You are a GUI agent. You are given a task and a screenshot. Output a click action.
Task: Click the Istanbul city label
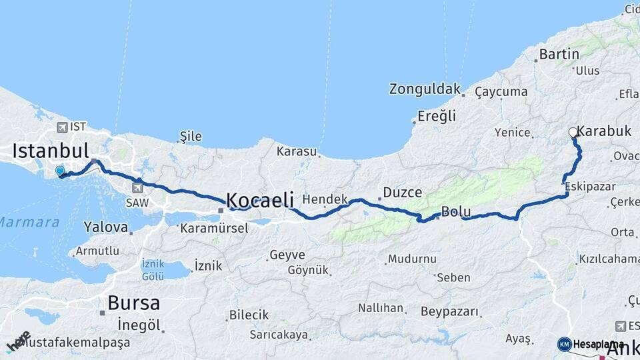tap(51, 149)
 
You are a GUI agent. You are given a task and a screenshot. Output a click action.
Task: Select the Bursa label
tap(133, 303)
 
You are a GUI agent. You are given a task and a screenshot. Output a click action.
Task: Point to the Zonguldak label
tap(425, 89)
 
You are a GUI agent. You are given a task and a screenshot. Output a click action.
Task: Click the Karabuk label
tap(604, 131)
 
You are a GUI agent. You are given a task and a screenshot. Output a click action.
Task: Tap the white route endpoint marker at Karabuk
tap(573, 133)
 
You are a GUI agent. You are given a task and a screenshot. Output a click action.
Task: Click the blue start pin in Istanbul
tap(60, 171)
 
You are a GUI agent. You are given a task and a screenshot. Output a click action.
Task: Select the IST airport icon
tap(62, 127)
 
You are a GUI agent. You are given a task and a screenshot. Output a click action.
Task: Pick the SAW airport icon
tap(138, 187)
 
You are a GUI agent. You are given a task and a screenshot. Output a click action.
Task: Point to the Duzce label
tap(402, 193)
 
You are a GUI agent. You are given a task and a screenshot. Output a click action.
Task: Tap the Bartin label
tap(559, 54)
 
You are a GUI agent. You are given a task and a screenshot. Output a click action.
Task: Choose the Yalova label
tap(106, 227)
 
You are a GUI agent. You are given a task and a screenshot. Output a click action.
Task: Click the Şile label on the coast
tap(191, 137)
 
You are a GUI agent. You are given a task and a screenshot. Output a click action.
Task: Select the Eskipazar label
tap(589, 187)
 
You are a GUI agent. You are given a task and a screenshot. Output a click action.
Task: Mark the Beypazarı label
tap(450, 311)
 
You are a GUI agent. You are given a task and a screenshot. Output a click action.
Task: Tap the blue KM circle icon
tap(565, 344)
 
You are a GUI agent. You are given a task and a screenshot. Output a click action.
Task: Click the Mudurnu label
tap(412, 259)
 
